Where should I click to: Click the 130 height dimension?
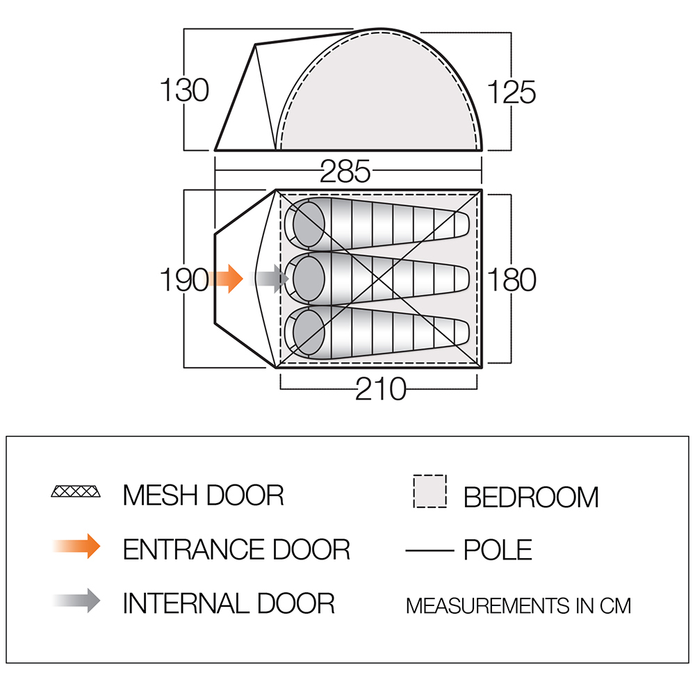[x=184, y=90]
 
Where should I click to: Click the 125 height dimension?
[x=512, y=92]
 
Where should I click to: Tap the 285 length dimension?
[x=345, y=171]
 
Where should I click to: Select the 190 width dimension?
[x=184, y=279]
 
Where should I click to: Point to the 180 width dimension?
[x=512, y=279]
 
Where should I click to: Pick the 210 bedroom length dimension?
[x=381, y=389]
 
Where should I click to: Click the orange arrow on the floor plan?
[x=224, y=279]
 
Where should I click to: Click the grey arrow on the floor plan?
[x=269, y=279]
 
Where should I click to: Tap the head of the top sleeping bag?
[x=309, y=224]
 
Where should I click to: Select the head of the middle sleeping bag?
[x=309, y=279]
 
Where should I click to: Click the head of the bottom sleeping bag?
[x=309, y=333]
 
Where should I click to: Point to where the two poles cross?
[x=379, y=279]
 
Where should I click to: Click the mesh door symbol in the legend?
[x=76, y=491]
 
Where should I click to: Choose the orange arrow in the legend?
[x=76, y=546]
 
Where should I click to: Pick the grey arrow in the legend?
[x=76, y=600]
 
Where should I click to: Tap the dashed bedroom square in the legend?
[x=430, y=491]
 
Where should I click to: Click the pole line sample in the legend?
[x=430, y=551]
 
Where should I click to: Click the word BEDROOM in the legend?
[x=531, y=497]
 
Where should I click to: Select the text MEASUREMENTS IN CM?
[x=518, y=606]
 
